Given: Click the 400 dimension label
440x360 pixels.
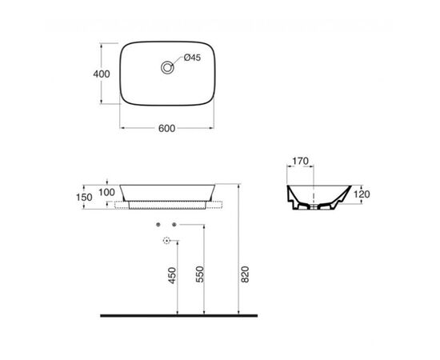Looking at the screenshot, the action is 102,74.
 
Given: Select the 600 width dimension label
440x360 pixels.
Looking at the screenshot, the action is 166,128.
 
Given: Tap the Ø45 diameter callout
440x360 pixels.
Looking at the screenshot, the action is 192,58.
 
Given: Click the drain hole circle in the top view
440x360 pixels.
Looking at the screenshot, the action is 167,68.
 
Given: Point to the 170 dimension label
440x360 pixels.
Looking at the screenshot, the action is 300,161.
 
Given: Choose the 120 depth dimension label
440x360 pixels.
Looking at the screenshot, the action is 362,194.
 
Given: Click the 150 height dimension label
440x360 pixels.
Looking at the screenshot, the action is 84,198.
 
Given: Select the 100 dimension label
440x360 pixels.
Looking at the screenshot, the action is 106,192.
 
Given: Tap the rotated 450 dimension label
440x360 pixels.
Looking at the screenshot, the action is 172,275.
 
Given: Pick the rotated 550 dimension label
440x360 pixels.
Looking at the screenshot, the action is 199,274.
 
